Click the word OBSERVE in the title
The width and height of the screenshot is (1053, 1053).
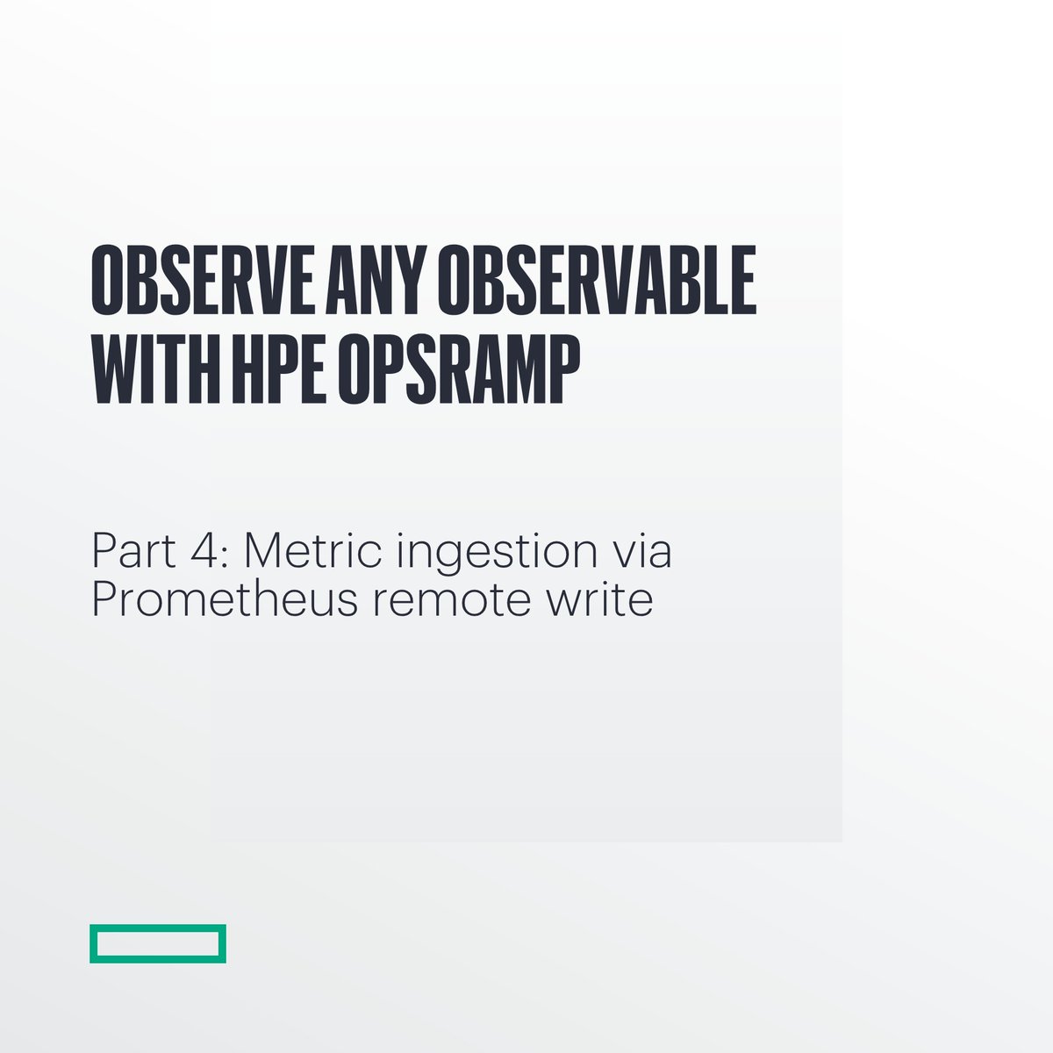pos(202,280)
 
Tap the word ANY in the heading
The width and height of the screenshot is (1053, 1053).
pos(376,280)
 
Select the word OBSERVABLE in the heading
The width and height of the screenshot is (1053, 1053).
pos(598,280)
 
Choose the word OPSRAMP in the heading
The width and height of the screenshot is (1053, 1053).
pos(460,369)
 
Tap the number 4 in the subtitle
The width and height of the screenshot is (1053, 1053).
pos(205,550)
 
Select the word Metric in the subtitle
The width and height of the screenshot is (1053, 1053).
pos(312,550)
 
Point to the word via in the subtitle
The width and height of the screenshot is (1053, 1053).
pos(641,550)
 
